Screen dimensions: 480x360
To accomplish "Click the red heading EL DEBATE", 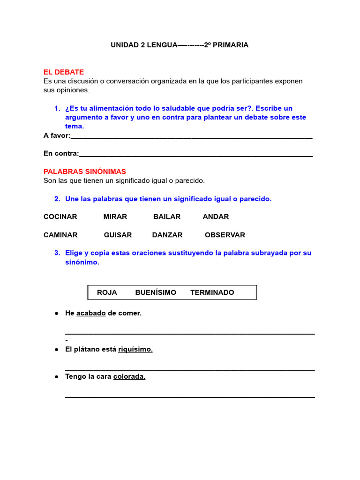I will (63, 72).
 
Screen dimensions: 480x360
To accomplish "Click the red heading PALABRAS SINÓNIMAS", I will (84, 172).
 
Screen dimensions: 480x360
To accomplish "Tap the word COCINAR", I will (60, 217).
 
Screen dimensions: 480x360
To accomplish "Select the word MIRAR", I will (115, 217).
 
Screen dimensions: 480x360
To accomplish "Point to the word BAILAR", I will (167, 217).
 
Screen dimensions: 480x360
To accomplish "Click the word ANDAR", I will (216, 217).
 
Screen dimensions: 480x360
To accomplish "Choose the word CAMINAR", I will (60, 235).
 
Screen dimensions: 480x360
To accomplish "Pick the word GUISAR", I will (118, 235).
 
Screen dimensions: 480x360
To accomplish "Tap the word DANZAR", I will (167, 235).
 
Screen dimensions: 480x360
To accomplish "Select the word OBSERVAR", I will (225, 235).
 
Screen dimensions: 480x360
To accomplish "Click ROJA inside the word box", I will (107, 292).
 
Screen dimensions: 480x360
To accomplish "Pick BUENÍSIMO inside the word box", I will (156, 292).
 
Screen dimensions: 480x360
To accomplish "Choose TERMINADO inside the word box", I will (212, 292).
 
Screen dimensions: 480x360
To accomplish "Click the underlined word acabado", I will (91, 313).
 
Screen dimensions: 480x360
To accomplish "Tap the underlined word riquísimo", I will (135, 349).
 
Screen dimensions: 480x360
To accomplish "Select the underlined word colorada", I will (129, 376).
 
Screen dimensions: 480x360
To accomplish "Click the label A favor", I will (56, 135).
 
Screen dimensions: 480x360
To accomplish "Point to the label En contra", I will (61, 153).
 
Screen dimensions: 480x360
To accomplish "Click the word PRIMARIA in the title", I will (230, 45).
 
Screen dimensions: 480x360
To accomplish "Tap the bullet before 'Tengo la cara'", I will (56, 376).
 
